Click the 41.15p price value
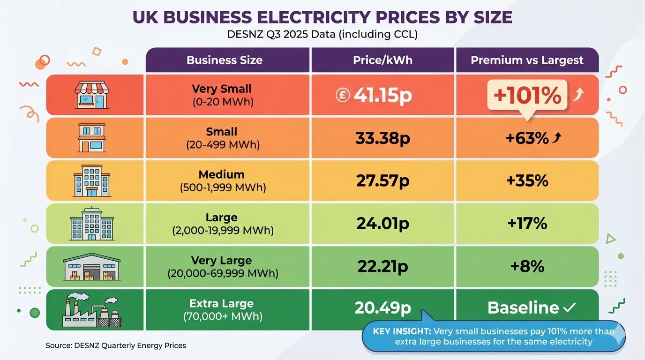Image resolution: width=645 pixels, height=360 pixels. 382,95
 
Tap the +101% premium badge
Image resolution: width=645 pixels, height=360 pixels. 527,95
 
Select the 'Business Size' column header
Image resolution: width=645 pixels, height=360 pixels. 225,60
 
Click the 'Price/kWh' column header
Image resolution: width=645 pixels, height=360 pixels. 382,60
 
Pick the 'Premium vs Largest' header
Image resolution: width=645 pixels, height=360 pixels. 527,60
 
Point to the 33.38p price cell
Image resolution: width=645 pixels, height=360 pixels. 382,138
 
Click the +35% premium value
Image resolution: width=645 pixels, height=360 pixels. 527,181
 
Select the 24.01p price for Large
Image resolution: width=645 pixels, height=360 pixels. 382,224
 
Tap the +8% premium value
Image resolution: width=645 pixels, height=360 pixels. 527,267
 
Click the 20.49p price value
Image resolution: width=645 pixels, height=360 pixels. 382,307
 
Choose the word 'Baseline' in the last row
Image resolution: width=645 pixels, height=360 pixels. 523,308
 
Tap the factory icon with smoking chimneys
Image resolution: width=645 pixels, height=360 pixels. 92,310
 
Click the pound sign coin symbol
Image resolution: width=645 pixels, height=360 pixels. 343,95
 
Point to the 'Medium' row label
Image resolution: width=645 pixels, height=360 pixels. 222,175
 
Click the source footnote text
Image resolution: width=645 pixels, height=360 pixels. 116,345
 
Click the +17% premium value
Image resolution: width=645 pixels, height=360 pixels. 527,224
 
